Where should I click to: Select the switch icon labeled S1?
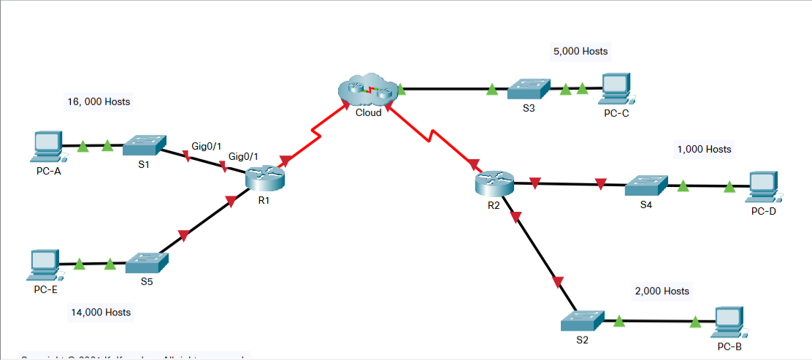144,145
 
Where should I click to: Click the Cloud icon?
367,90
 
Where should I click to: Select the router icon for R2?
494,183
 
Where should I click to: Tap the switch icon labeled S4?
646,185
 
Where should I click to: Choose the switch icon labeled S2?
583,320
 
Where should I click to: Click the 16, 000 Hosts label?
99,102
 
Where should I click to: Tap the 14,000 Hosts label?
101,312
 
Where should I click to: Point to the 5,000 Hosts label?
580,51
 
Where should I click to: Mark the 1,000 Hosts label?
704,148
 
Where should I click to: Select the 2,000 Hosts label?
662,291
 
